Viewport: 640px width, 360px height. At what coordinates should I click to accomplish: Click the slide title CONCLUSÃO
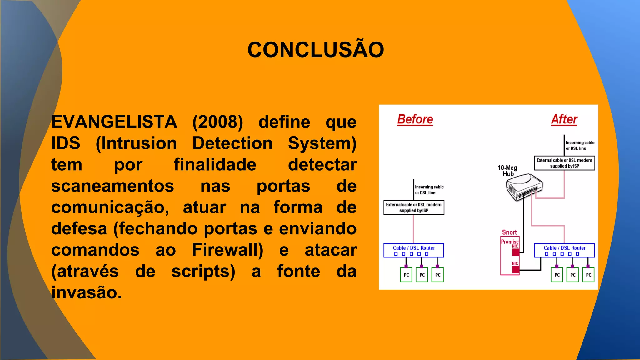pos(316,50)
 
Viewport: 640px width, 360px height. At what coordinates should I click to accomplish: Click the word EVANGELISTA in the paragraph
pos(114,122)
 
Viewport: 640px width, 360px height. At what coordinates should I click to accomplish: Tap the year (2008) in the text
pos(217,122)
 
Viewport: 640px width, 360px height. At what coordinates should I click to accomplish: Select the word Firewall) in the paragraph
pos(227,250)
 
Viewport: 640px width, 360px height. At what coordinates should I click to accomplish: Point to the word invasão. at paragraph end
pos(87,293)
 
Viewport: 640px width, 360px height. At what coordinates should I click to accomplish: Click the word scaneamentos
pos(112,186)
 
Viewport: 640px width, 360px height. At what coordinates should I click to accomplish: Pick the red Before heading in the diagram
pos(415,120)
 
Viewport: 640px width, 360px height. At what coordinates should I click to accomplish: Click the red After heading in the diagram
pos(564,120)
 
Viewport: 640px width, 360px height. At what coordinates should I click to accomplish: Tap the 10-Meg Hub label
pos(507,171)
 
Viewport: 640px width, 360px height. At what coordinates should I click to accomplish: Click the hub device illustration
pos(524,187)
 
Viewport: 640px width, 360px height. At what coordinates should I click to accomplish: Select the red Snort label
pos(509,232)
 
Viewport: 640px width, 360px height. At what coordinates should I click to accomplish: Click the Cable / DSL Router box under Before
pos(414,250)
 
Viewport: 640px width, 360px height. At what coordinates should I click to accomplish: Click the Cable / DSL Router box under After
pos(564,250)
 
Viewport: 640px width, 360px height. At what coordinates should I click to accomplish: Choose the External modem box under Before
pos(414,207)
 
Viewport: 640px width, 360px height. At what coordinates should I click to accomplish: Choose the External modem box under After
pos(564,163)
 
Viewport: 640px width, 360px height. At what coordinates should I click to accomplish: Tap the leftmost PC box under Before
pos(406,275)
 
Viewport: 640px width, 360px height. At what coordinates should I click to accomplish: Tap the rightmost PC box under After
pos(588,275)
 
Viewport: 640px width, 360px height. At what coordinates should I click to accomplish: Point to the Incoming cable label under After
pos(580,145)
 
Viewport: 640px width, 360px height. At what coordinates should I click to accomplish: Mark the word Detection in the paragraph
pos(232,143)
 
